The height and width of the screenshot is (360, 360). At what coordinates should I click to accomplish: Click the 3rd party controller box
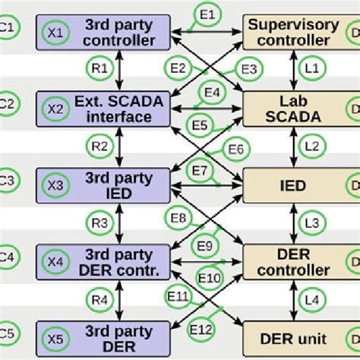pos(106,32)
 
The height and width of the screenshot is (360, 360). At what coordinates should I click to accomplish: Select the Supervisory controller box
pos(293,32)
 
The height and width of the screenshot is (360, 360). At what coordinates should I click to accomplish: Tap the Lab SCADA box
pos(293,109)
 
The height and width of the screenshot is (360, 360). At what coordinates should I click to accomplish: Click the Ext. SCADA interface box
pos(106,109)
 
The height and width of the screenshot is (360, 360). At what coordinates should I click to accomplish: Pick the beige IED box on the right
pos(293,186)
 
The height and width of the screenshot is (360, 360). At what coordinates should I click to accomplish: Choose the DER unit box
pos(293,338)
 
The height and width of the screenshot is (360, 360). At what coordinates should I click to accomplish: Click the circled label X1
pos(54,33)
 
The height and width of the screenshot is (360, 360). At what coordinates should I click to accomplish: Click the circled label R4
pos(99,299)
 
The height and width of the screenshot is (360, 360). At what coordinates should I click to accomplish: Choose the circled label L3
pos(311,223)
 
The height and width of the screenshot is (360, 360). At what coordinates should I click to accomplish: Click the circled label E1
pos(209,13)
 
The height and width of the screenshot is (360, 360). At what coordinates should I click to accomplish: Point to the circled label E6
pos(236,149)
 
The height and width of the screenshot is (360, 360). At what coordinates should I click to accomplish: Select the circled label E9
pos(204,245)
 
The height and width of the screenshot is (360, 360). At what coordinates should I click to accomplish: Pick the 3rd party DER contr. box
pos(106,262)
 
